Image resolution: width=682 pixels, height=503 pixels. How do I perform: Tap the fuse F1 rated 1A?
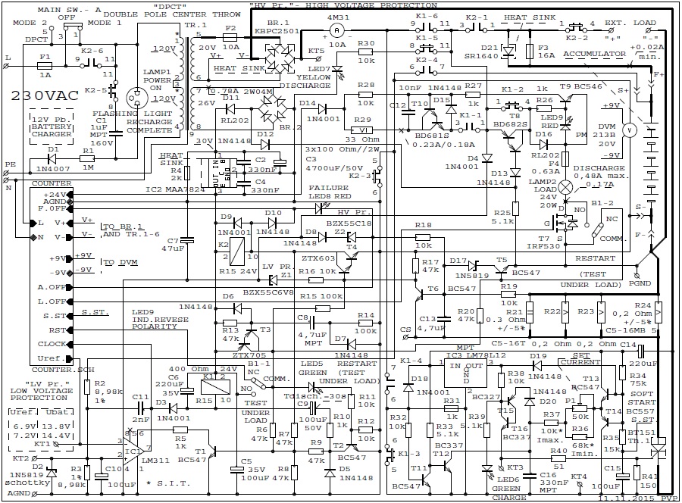point(45,66)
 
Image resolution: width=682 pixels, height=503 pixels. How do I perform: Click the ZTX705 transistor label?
point(249,354)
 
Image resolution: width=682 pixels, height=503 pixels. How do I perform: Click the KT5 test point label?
point(316,52)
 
